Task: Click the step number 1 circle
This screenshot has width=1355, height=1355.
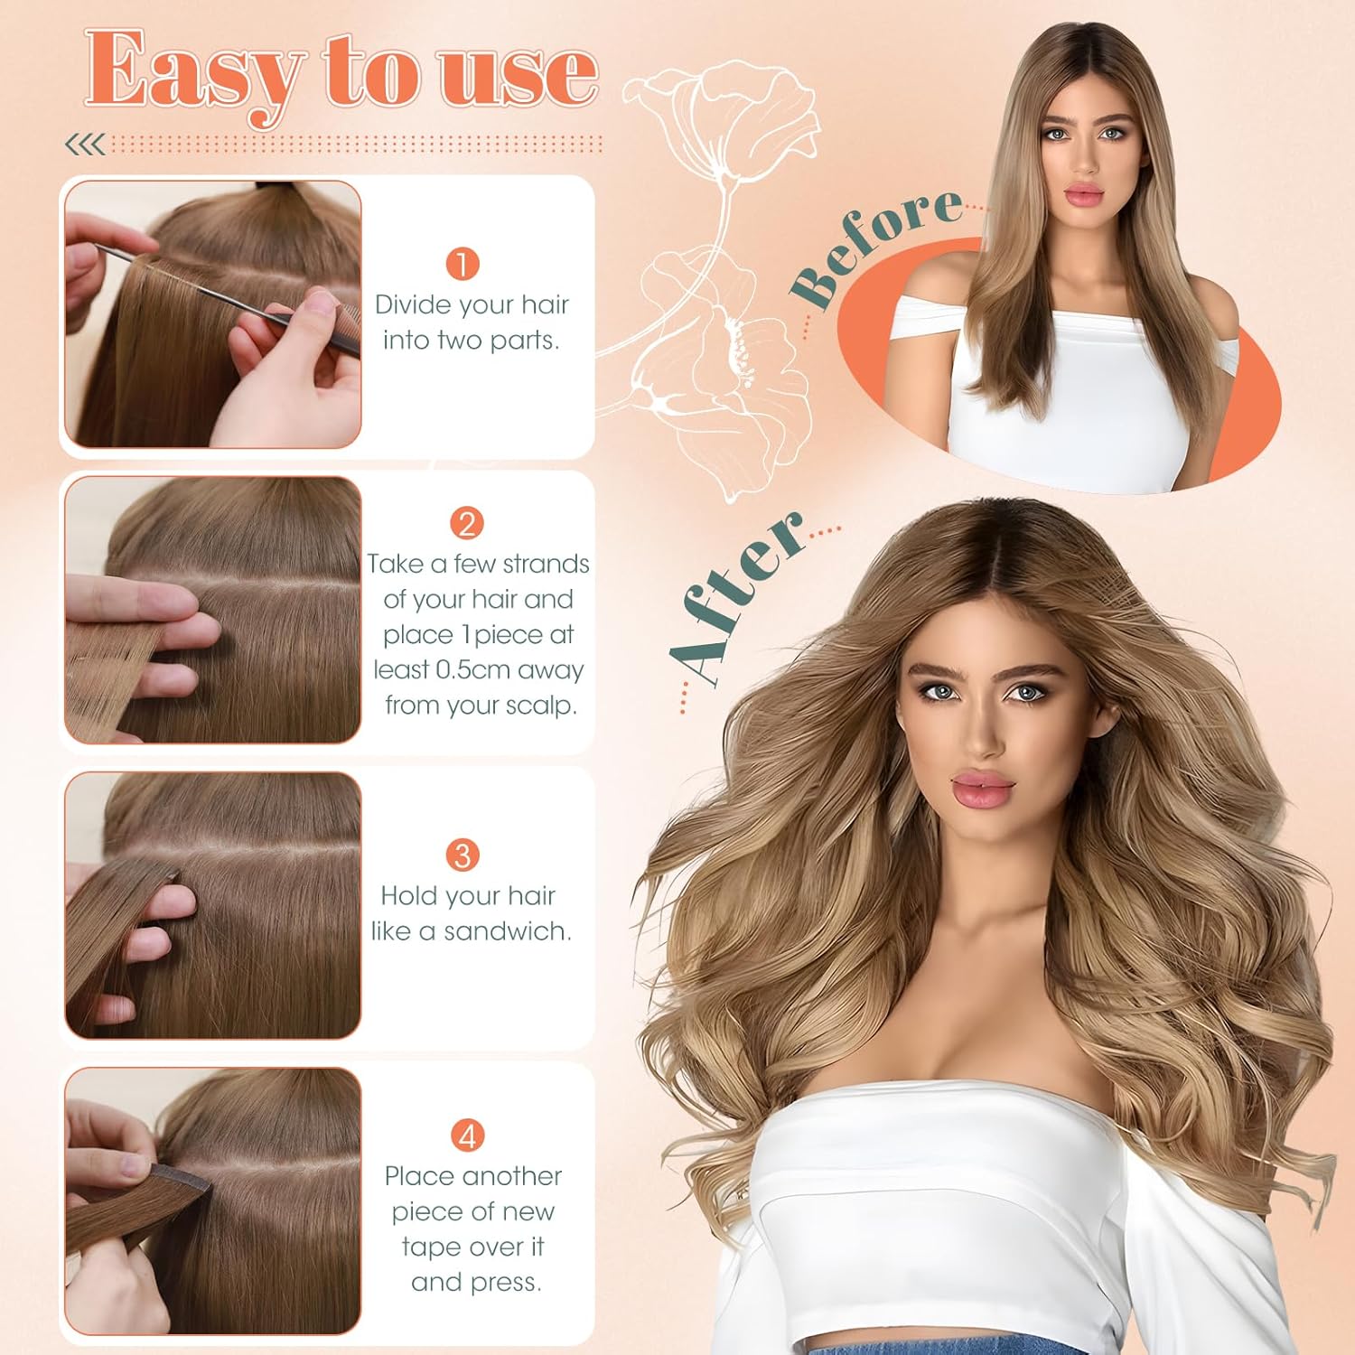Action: [463, 265]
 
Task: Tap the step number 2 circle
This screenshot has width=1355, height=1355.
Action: [467, 524]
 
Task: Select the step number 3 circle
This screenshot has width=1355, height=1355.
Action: [463, 855]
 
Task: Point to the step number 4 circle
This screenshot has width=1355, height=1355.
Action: [467, 1135]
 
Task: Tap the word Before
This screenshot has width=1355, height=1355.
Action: [874, 246]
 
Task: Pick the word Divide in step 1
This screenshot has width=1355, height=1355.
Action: [413, 304]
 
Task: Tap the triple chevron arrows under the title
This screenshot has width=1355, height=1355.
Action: [85, 144]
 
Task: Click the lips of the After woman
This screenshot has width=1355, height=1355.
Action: [982, 787]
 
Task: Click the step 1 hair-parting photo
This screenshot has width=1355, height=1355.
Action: [213, 314]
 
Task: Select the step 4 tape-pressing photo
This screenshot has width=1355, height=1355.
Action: [213, 1201]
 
